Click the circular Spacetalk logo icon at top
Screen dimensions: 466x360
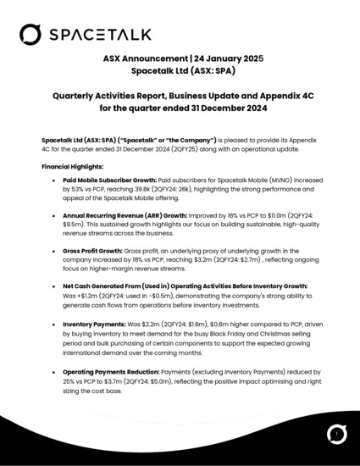[30, 34]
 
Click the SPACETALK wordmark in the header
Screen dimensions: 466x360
[101, 34]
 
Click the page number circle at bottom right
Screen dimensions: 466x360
[336, 434]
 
